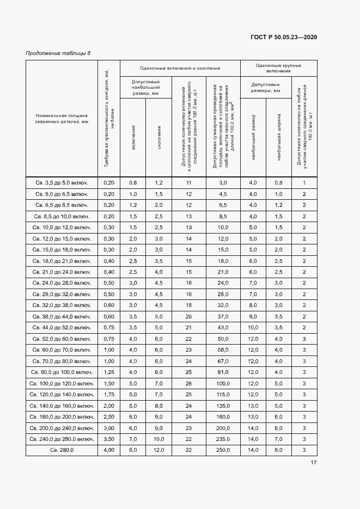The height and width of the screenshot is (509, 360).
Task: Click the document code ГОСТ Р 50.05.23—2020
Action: [283, 37]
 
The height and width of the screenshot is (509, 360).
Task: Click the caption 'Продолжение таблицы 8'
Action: [58, 53]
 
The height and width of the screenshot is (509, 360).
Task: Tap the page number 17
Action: [313, 463]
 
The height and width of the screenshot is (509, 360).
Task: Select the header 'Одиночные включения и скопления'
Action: [180, 68]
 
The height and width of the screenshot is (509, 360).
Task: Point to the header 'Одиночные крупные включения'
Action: [278, 68]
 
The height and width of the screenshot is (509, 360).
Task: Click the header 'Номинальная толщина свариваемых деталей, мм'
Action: [62, 119]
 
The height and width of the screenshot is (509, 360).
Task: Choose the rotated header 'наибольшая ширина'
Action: [279, 144]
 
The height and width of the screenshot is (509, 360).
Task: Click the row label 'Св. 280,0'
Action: [62, 450]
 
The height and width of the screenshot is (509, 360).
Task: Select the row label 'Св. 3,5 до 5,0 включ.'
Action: [62, 183]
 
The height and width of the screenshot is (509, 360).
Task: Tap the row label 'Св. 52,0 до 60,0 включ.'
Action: [62, 339]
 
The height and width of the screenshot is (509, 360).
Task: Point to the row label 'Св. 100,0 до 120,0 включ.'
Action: [62, 383]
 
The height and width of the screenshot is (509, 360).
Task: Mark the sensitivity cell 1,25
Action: [109, 372]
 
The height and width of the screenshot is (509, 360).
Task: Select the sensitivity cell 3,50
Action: [109, 439]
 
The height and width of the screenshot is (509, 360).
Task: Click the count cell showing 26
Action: [189, 383]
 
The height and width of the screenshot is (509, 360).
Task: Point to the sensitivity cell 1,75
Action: [109, 394]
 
